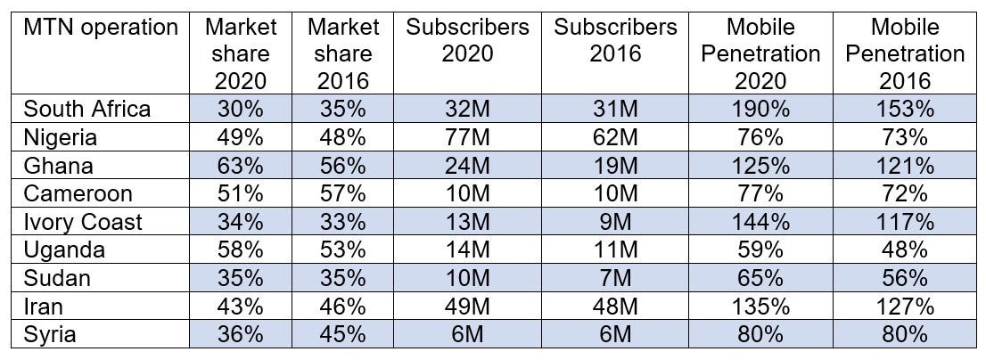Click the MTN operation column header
[x=101, y=28]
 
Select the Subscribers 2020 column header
[x=467, y=40]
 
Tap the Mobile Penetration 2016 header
[x=905, y=53]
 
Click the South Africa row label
[x=87, y=110]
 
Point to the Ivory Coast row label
[x=83, y=223]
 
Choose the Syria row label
[x=49, y=336]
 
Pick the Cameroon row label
[x=78, y=194]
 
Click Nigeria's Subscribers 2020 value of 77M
[x=467, y=138]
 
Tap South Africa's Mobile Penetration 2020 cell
[x=760, y=110]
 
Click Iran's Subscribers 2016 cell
[x=615, y=307]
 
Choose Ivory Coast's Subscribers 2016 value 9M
[x=615, y=223]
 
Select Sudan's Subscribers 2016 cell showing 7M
[x=615, y=279]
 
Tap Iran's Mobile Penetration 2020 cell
[x=760, y=307]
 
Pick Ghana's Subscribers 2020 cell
[x=467, y=166]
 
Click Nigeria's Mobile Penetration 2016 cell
[x=905, y=138]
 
